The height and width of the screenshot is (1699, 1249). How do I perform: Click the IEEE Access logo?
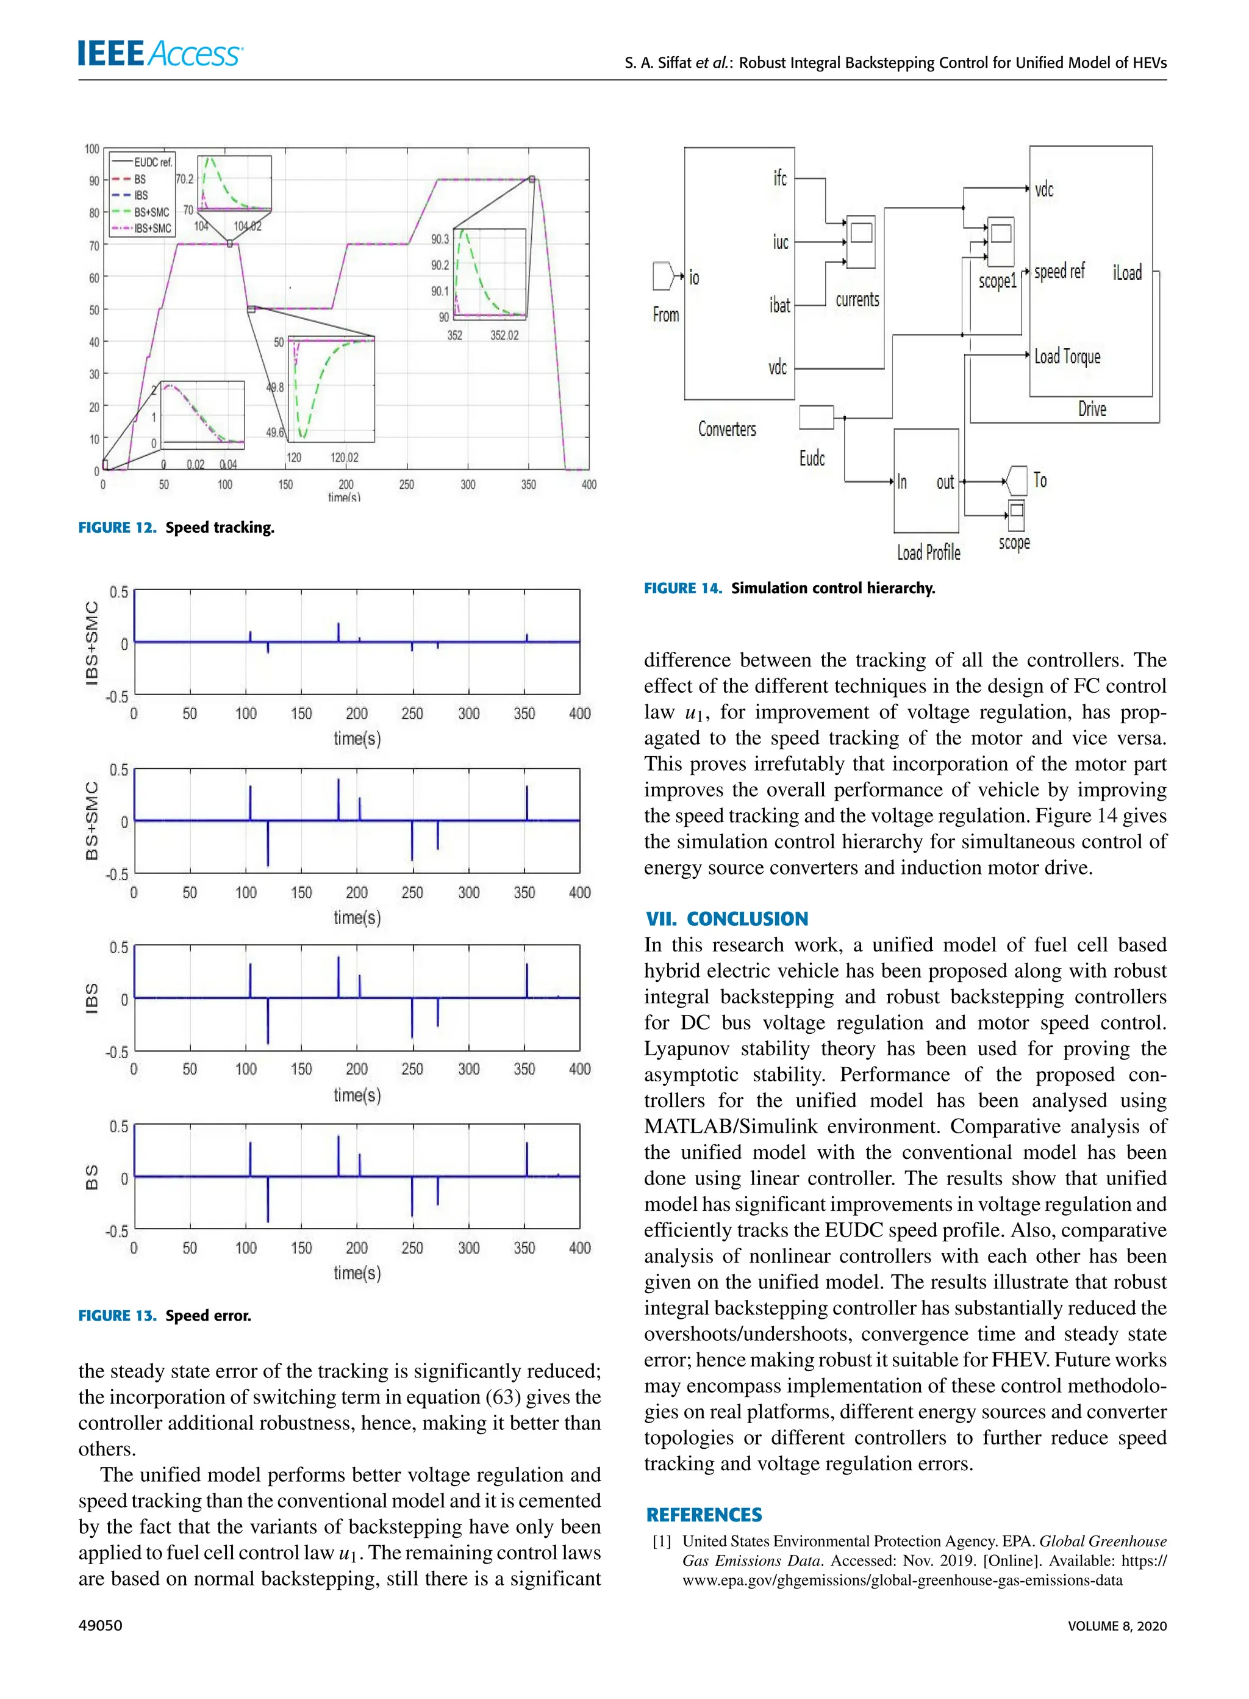(160, 54)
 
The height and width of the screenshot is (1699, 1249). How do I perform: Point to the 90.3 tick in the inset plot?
(440, 239)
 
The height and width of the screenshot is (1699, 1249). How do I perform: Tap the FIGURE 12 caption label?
(117, 527)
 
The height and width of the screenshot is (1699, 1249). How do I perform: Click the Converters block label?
(726, 429)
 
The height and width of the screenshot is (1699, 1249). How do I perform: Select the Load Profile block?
(926, 481)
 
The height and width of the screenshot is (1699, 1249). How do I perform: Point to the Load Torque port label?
(1067, 356)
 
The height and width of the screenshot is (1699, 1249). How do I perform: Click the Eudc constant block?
(816, 417)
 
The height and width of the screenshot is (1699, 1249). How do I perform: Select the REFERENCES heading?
(704, 1515)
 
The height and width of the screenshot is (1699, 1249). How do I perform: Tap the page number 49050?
(100, 1625)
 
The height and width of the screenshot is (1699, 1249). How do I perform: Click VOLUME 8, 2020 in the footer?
(1117, 1626)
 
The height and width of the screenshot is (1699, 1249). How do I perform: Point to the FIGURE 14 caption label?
(682, 588)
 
